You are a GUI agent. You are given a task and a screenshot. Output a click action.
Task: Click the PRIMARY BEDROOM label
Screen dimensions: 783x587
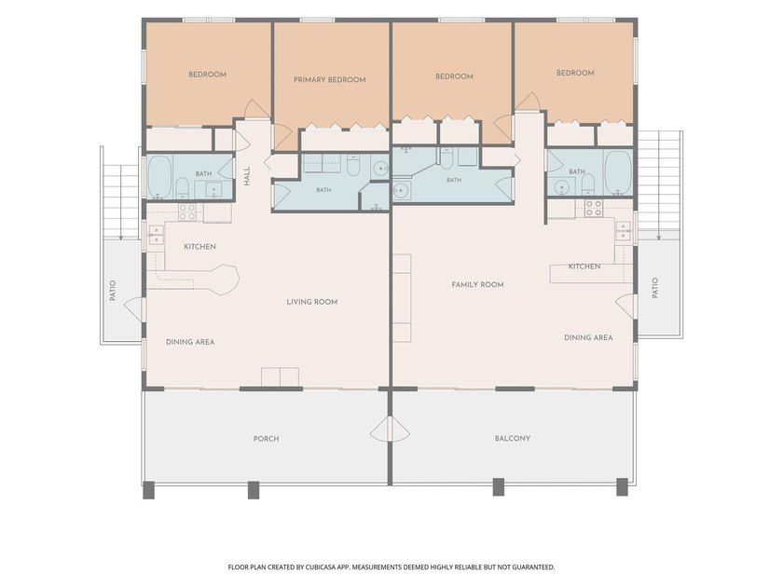pyautogui.click(x=329, y=80)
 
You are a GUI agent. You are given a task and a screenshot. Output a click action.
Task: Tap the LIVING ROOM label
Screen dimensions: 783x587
pyautogui.click(x=312, y=302)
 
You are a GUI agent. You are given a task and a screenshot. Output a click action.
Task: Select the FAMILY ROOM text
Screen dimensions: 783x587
pyautogui.click(x=477, y=284)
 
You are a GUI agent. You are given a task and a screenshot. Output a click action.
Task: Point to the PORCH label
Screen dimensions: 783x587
pyautogui.click(x=267, y=439)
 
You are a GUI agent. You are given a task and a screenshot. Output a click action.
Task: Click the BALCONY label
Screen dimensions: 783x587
pyautogui.click(x=513, y=438)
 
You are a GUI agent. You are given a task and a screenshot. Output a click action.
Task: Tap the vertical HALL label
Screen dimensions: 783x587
pyautogui.click(x=247, y=176)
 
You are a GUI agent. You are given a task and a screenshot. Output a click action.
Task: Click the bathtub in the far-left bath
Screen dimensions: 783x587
pyautogui.click(x=159, y=177)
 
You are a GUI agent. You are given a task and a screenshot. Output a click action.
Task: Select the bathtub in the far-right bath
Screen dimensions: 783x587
pyautogui.click(x=618, y=173)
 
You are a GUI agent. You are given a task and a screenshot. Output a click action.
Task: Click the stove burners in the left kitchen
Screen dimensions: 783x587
pyautogui.click(x=186, y=212)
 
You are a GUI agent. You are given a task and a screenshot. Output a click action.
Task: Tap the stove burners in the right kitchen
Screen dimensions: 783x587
pyautogui.click(x=594, y=208)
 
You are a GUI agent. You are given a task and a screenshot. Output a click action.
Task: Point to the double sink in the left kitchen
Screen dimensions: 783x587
pyautogui.click(x=156, y=235)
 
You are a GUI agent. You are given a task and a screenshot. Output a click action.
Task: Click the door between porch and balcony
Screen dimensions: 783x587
pyautogui.click(x=390, y=430)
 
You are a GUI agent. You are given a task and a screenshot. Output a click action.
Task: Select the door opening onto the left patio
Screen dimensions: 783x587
pyautogui.click(x=133, y=309)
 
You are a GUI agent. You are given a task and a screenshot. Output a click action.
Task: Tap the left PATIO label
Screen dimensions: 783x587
pyautogui.click(x=113, y=291)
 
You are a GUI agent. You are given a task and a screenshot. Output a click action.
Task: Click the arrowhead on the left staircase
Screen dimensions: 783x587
pyautogui.click(x=120, y=238)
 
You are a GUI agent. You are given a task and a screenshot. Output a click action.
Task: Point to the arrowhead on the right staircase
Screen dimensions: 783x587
pyautogui.click(x=659, y=237)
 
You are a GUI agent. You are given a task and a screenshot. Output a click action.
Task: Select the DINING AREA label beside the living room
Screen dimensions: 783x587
pyautogui.click(x=190, y=342)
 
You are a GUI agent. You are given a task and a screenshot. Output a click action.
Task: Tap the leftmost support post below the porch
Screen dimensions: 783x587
pyautogui.click(x=149, y=490)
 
